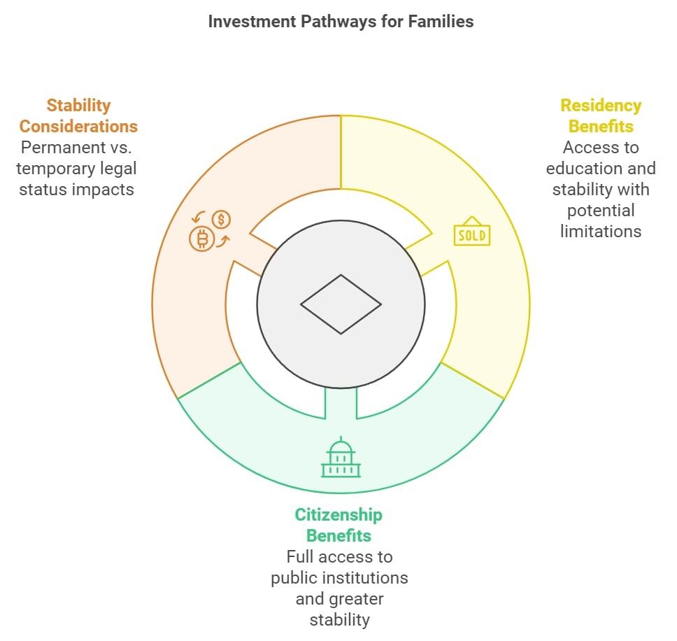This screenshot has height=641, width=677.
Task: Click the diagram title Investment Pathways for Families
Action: pyautogui.click(x=341, y=22)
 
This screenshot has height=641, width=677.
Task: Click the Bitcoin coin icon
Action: pyautogui.click(x=202, y=240)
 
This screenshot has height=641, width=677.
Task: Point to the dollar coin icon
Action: pyautogui.click(x=222, y=220)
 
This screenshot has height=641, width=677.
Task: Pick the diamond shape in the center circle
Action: pyautogui.click(x=341, y=304)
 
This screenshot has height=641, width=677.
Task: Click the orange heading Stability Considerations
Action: pyautogui.click(x=78, y=116)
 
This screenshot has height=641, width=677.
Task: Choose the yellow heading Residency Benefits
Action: pyautogui.click(x=601, y=116)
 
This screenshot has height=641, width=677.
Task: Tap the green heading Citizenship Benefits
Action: pyautogui.click(x=338, y=526)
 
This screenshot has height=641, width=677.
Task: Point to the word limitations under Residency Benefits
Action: pyautogui.click(x=601, y=232)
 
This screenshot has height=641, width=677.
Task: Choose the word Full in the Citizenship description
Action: pyautogui.click(x=299, y=557)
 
